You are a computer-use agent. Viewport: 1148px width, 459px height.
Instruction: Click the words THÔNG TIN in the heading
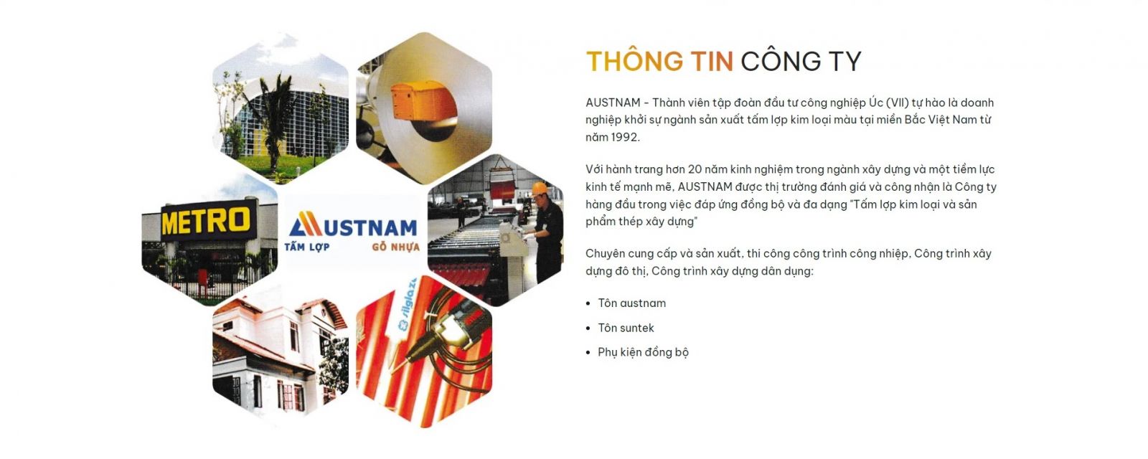coord(659,62)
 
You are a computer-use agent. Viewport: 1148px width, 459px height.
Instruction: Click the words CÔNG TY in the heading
coord(801,62)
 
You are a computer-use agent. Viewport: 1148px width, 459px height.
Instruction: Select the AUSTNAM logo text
coord(354,225)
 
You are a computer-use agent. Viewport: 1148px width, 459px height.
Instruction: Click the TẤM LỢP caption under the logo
coord(307,247)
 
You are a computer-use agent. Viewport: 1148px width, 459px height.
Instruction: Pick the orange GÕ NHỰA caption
coord(395,247)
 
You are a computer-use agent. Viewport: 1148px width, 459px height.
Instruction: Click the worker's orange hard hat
coord(539,189)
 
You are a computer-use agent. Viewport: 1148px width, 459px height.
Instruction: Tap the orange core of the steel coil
coord(423,103)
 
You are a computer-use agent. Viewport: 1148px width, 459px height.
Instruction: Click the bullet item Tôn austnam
coord(632,303)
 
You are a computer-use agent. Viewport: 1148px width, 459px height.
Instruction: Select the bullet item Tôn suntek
coord(626,328)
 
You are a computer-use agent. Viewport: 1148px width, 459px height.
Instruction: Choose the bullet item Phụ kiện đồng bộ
coord(643,352)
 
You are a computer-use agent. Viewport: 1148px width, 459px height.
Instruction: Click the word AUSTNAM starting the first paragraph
coord(613,103)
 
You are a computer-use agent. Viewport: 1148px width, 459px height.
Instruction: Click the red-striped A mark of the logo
coord(306,224)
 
